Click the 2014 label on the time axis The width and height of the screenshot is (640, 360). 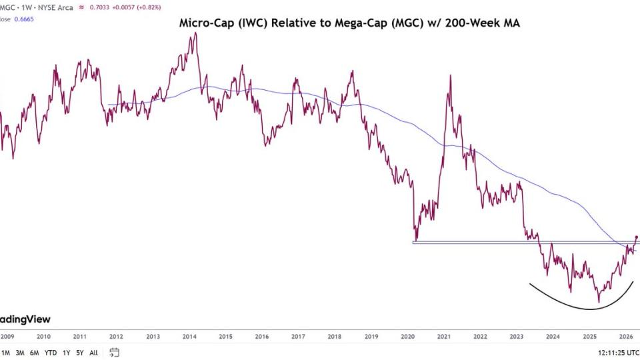coord(189,337)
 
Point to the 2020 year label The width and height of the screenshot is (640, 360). coord(408,337)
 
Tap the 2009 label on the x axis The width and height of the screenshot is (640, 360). coord(7,337)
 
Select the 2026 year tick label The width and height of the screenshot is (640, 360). coord(626,337)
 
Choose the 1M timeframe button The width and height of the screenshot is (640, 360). coord(6,353)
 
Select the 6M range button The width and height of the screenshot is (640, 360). coord(35,353)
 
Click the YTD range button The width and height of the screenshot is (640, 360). coord(51,353)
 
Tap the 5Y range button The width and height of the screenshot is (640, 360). coord(79,353)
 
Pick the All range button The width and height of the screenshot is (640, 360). coord(93,353)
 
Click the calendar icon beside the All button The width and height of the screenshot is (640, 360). coord(115,353)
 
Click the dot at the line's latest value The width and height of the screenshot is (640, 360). coord(637,237)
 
